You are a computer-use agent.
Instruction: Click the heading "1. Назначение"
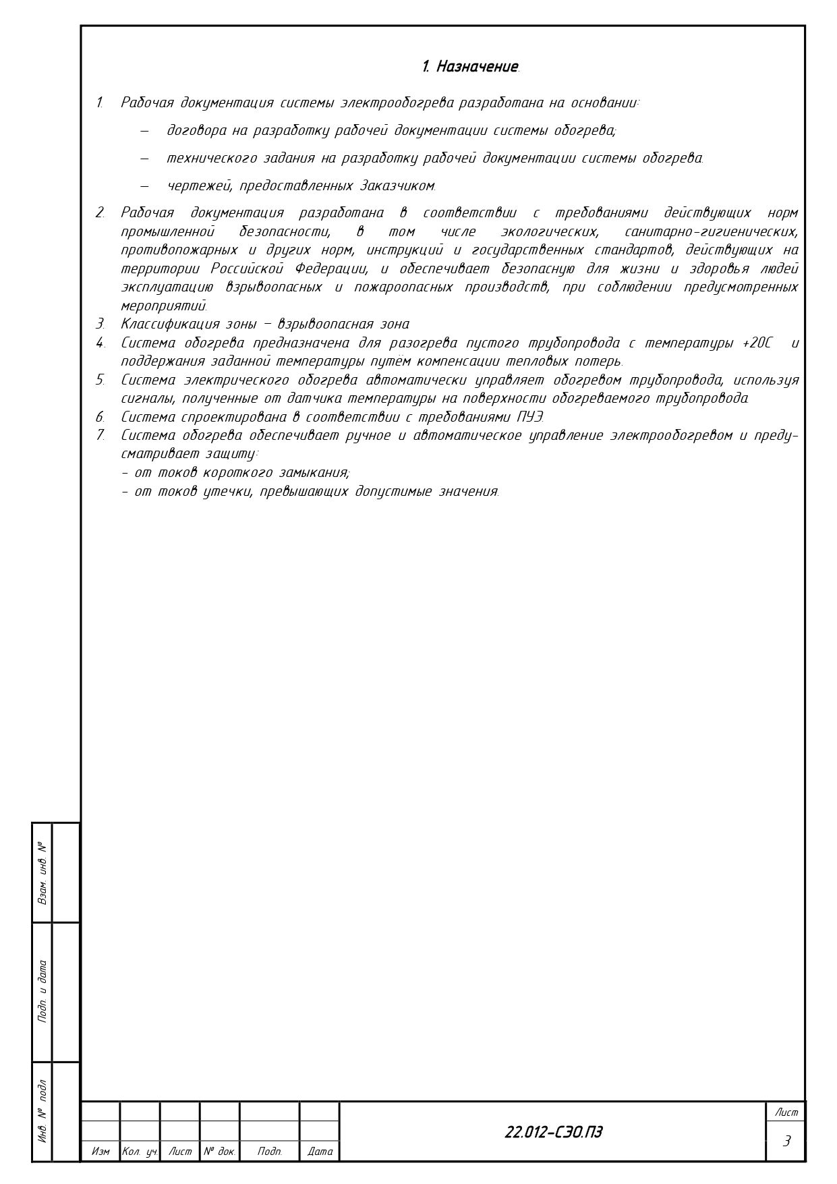coord(470,67)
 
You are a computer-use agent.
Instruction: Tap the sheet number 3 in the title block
coord(786,1141)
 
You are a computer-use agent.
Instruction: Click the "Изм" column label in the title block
coord(100,1152)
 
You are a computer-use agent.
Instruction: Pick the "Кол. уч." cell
coord(140,1152)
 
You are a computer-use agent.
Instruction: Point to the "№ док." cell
coord(220,1152)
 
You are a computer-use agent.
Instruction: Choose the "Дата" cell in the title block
coord(320,1152)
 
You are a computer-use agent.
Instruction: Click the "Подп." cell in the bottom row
coord(269,1152)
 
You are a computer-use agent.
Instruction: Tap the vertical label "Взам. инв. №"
coord(42,872)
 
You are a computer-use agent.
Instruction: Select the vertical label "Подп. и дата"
coord(42,991)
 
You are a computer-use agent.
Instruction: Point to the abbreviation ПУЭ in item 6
coord(529,417)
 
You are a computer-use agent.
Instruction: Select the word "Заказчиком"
coord(398,186)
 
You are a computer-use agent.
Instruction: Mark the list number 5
coord(100,380)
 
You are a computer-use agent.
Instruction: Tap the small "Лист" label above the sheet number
coord(786,1112)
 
